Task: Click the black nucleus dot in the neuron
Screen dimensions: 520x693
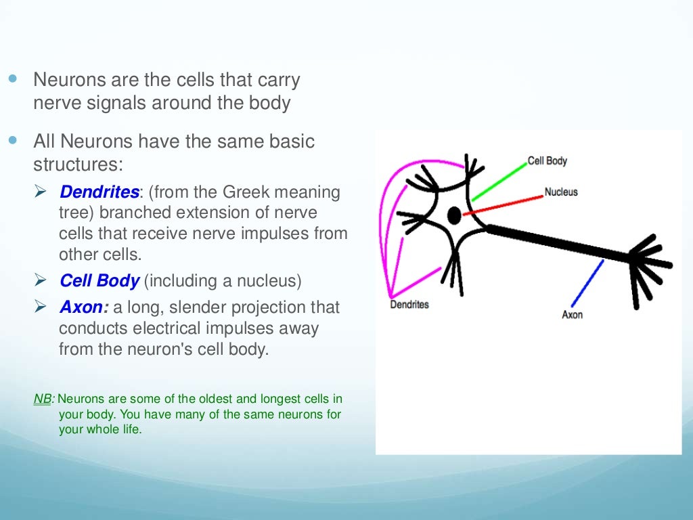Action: pos(454,216)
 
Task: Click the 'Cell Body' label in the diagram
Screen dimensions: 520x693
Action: pos(547,161)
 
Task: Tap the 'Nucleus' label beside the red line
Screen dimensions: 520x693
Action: pos(561,192)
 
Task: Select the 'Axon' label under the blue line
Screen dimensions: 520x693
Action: pos(572,315)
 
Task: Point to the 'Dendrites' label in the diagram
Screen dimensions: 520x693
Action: pos(409,305)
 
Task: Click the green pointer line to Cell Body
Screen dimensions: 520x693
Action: pos(499,181)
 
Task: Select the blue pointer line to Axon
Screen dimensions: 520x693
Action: pos(587,284)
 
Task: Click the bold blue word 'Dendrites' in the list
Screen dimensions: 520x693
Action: pos(99,192)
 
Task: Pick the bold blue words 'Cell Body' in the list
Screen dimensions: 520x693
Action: pos(99,281)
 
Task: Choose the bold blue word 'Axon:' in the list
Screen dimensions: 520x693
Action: pos(84,307)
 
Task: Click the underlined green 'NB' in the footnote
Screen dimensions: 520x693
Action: pos(42,399)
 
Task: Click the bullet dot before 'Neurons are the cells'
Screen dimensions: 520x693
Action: pos(14,79)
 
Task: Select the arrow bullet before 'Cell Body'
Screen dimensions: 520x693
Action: pos(41,280)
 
